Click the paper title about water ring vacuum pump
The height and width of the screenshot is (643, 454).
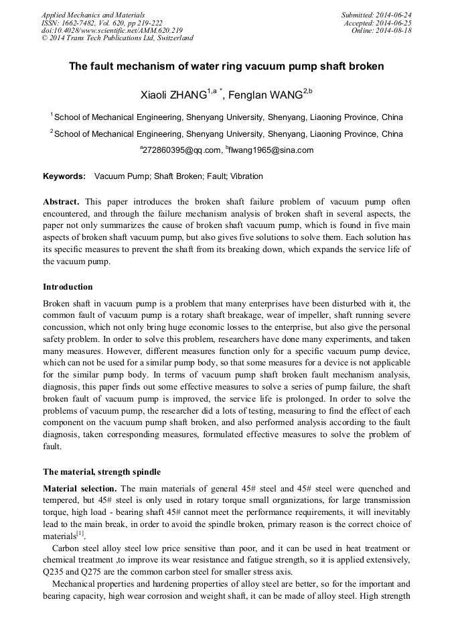[x=227, y=67]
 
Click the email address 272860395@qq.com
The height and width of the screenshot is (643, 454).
[x=181, y=150]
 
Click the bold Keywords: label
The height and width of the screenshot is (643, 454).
[x=64, y=176]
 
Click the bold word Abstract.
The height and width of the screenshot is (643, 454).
[x=61, y=202]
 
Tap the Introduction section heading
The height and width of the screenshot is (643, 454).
[x=68, y=287]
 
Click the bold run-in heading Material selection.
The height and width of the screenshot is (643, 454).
[x=80, y=488]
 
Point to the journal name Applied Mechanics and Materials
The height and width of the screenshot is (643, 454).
[x=93, y=15]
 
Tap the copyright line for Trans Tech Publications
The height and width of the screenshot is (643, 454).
[x=117, y=38]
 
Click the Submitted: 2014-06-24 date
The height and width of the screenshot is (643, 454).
[x=376, y=15]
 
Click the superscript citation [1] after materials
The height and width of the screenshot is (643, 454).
[x=80, y=534]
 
